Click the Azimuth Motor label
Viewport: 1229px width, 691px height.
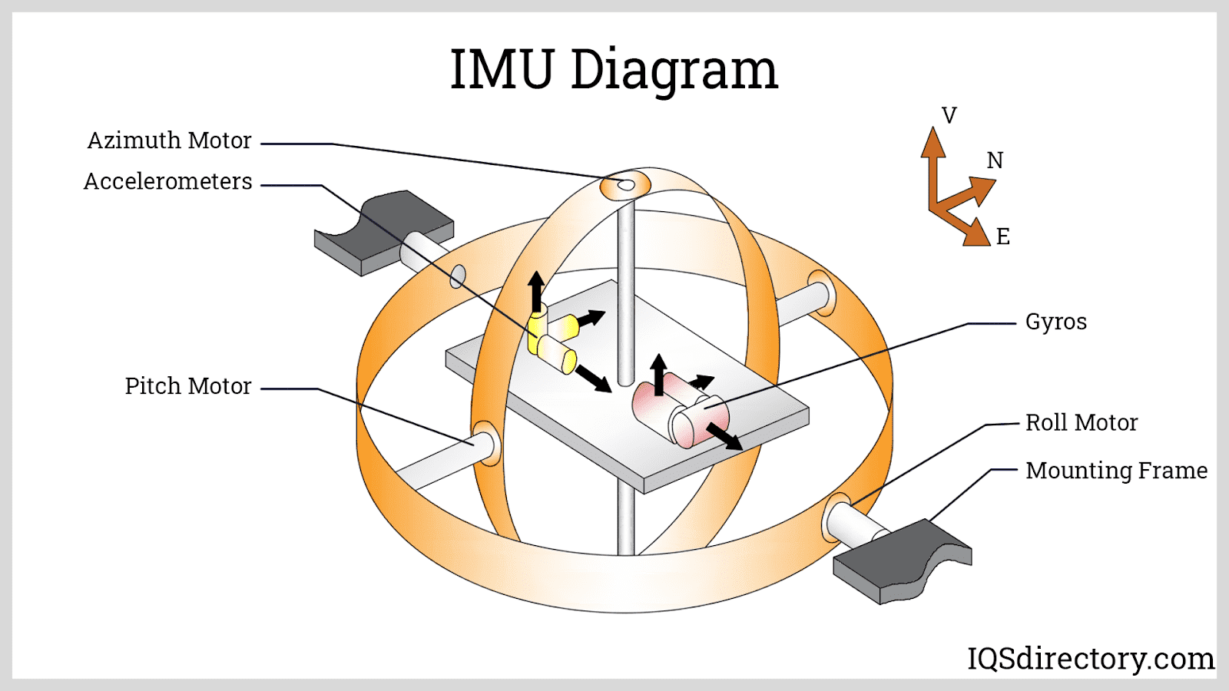(169, 141)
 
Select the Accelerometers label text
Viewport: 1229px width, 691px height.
(167, 181)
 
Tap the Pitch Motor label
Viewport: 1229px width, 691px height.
(188, 385)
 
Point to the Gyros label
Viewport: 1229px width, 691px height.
(1055, 322)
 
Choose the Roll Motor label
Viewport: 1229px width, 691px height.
(1081, 422)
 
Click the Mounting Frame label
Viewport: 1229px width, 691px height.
(1116, 470)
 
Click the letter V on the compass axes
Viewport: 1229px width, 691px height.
(949, 116)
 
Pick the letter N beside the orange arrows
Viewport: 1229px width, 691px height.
(995, 160)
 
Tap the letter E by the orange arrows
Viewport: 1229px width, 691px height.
(1002, 236)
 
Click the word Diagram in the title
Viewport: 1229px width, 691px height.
(674, 70)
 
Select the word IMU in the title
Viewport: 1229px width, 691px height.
(501, 70)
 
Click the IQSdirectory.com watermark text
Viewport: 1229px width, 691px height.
(1090, 658)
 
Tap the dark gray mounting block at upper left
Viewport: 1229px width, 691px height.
(384, 230)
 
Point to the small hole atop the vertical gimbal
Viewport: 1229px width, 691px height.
(626, 185)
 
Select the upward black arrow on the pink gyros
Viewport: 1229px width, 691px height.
(658, 373)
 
